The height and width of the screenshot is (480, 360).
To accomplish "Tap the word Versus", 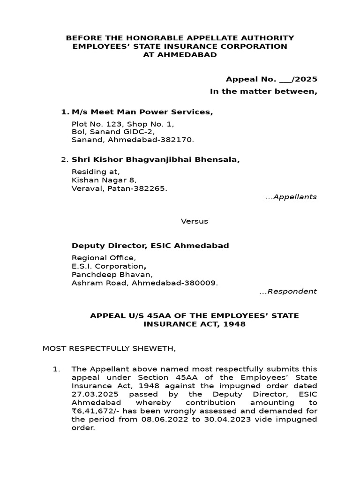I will (x=195, y=221).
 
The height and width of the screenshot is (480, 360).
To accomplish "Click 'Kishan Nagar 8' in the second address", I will (x=104, y=180).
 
